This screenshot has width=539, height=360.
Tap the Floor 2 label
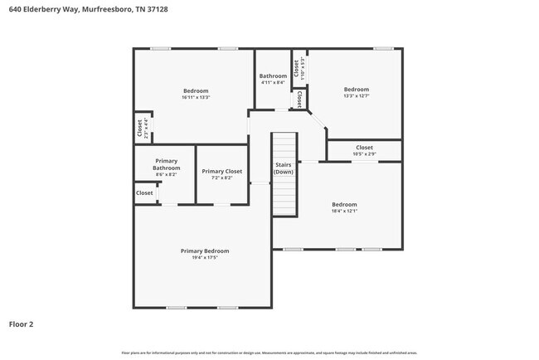(x=21, y=324)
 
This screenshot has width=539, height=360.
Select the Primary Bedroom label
(x=205, y=251)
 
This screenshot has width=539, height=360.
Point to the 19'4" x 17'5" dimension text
(x=205, y=257)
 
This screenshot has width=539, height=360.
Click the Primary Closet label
(x=221, y=171)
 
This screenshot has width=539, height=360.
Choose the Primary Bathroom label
(x=166, y=164)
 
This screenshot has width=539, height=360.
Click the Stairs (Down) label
(x=284, y=168)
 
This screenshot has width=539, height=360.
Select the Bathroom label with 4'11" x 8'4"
(x=273, y=76)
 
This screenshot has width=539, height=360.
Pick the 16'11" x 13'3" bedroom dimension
(x=196, y=97)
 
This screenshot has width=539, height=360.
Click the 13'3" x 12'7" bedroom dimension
(x=357, y=95)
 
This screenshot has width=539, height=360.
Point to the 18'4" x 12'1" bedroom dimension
(x=344, y=211)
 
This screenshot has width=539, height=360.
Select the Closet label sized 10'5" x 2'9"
(x=364, y=148)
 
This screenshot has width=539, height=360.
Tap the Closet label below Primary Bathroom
(x=144, y=192)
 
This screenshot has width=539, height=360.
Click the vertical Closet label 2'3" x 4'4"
(x=139, y=129)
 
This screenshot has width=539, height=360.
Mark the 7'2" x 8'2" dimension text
(x=221, y=178)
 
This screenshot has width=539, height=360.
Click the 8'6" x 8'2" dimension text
(x=166, y=175)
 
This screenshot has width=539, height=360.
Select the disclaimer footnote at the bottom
(x=269, y=353)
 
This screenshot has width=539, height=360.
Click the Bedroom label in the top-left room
(x=196, y=90)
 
